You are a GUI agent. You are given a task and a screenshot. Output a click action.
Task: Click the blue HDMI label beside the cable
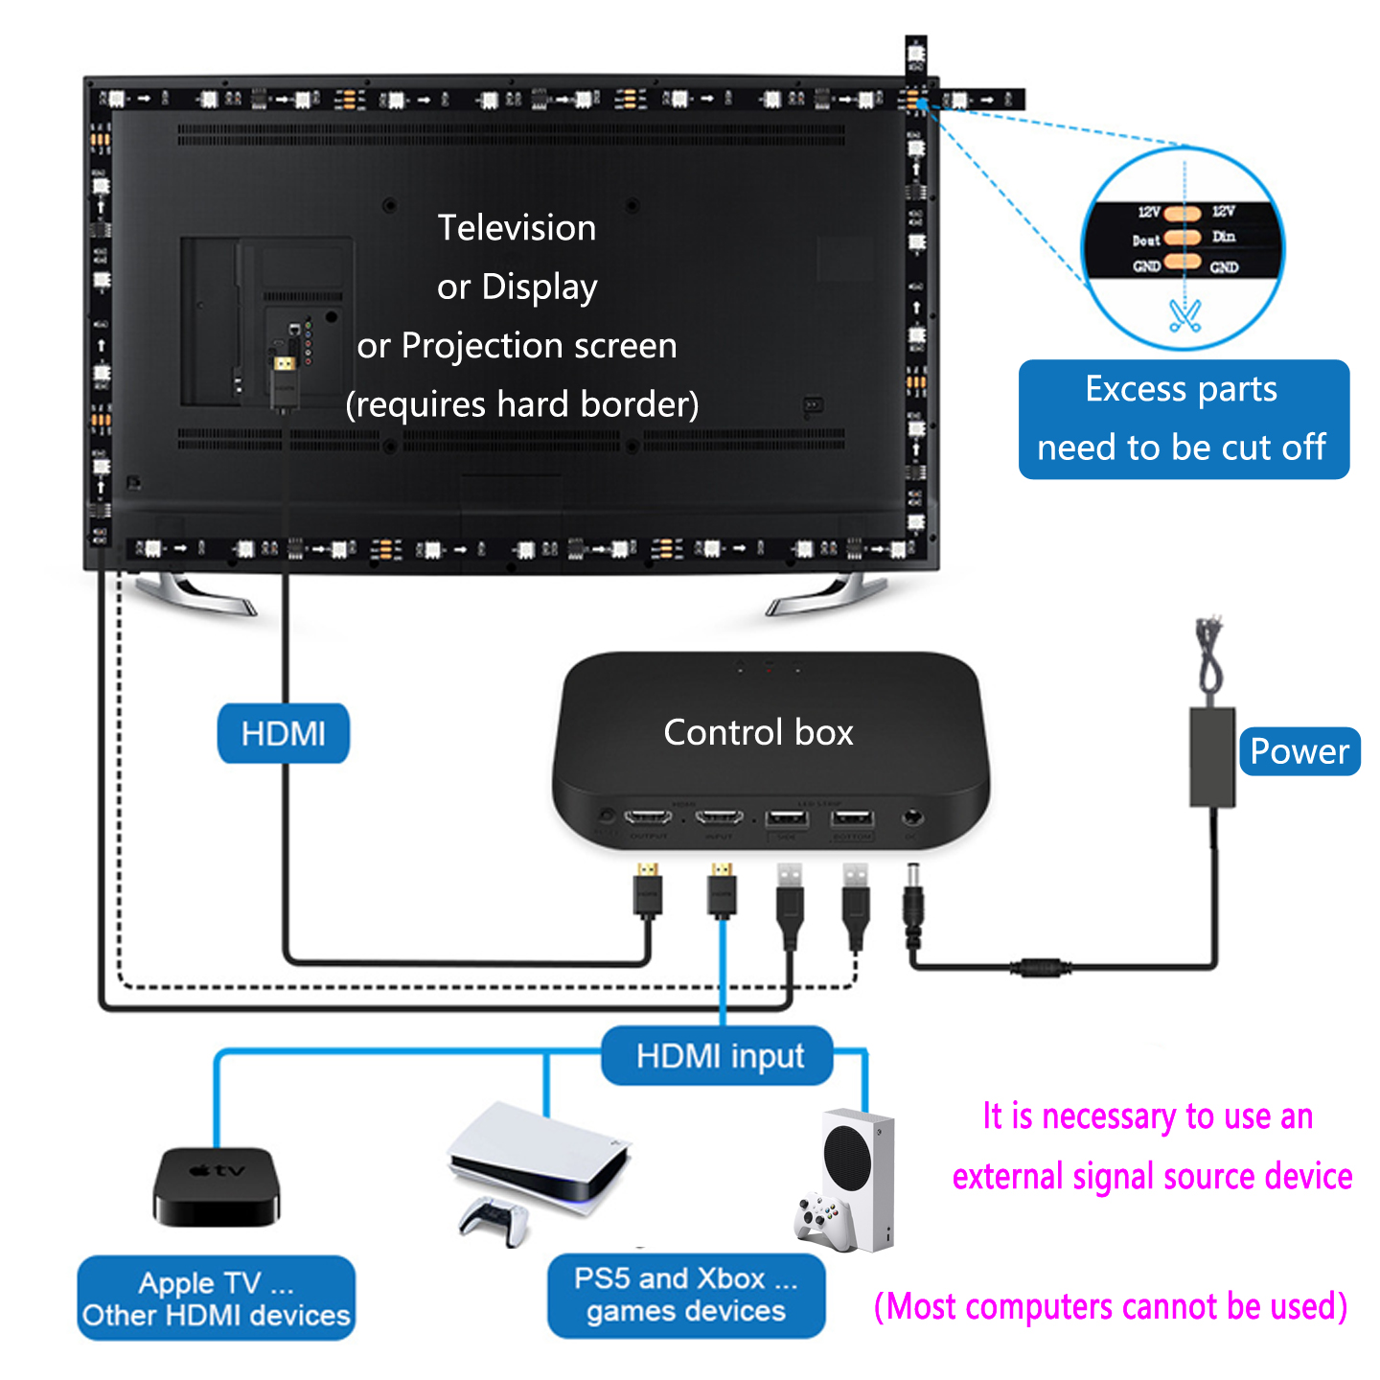284,734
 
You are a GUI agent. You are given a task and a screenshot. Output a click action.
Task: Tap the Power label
1299,751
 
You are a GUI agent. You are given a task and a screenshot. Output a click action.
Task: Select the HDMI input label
719,1056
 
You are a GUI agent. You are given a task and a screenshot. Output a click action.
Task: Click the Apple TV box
217,1186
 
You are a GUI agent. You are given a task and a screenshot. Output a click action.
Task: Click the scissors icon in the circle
1185,315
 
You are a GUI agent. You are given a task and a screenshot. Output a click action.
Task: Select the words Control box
758,733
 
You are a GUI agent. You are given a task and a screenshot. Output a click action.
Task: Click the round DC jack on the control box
912,818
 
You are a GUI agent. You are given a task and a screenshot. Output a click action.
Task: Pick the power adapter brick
1212,757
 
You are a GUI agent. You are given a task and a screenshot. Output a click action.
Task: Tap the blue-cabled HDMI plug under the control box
722,891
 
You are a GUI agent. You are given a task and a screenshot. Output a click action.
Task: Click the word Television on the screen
517,228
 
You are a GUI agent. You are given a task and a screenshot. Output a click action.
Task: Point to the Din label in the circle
1224,237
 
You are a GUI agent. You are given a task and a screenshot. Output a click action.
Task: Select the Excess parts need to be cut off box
1184,419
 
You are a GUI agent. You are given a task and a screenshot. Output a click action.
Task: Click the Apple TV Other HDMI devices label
217,1299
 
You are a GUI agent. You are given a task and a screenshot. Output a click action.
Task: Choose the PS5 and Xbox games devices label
686,1295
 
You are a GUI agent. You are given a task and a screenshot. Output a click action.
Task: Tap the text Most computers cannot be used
1111,1306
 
